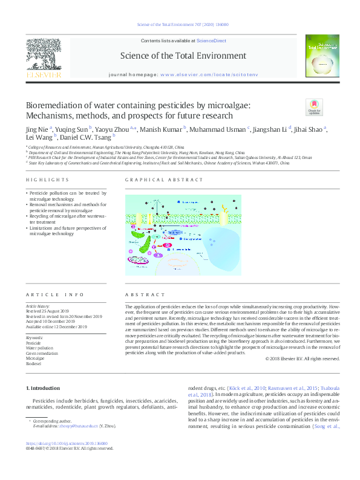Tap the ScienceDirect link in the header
tap(211, 41)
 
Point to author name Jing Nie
tap(37, 129)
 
